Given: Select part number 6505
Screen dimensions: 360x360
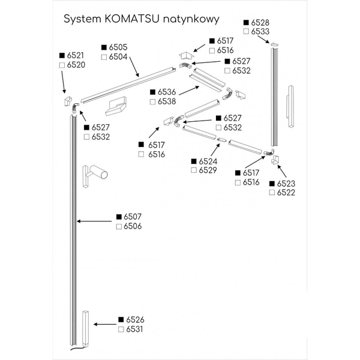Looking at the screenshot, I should pos(119,47).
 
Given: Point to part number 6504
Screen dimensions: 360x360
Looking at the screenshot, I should pos(119,57).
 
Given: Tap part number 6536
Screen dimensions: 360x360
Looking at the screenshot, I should pos(167,92).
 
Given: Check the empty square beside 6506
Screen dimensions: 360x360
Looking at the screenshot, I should pos(119,226).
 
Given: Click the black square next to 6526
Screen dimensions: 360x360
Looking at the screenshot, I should pos(121,320).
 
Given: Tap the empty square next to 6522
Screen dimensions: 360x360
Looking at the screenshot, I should pos(272,193).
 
